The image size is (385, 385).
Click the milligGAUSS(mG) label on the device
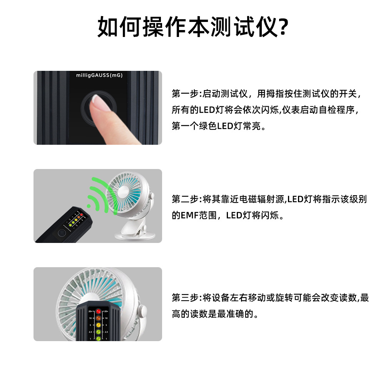[99, 76]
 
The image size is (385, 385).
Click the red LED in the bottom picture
[98, 311]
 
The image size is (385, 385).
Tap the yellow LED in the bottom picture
[98, 325]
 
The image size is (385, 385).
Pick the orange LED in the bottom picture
[98, 318]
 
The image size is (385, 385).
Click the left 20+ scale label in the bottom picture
[90, 311]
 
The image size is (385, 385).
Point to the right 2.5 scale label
[107, 331]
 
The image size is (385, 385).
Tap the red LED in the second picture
[81, 214]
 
